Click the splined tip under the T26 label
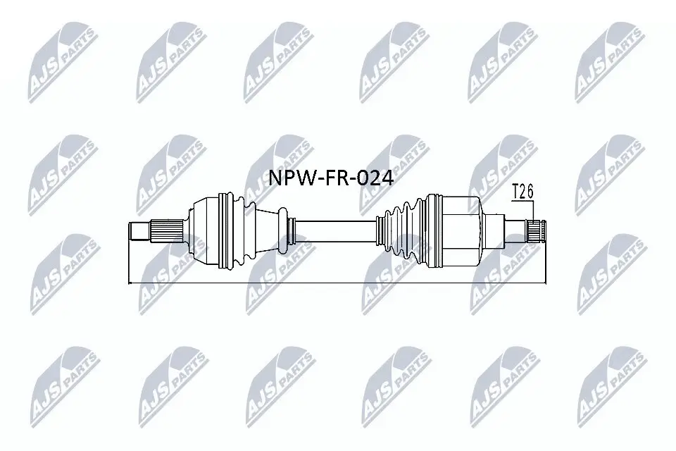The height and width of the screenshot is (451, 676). [539, 230]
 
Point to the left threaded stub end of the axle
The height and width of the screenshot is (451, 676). [138, 230]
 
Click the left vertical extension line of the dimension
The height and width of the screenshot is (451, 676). [130, 261]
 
